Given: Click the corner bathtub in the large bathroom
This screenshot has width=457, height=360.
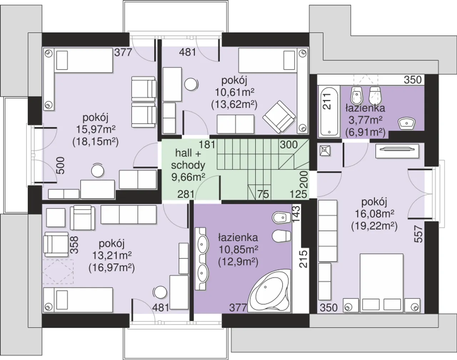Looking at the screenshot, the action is (269, 290).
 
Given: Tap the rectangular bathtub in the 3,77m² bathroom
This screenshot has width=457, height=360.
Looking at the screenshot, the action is (329, 111).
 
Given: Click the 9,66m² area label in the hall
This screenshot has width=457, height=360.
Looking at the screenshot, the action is (188, 177).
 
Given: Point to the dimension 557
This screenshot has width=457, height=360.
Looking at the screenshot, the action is (418, 234).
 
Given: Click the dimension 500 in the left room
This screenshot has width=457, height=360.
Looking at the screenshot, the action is (61, 166).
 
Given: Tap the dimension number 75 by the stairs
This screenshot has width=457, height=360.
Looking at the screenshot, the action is (263, 194).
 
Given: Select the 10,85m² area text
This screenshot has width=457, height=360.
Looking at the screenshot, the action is (238, 250).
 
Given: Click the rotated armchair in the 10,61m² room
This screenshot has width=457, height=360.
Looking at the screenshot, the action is (279, 117).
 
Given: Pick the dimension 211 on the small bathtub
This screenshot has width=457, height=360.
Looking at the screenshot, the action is (327, 102).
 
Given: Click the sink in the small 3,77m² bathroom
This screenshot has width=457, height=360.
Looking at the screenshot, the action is (407, 123).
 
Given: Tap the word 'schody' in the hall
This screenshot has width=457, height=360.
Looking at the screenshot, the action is (188, 165).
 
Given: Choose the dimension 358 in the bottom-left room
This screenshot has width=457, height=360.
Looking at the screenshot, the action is (74, 245).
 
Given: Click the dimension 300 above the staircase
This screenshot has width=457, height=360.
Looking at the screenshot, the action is (288, 144).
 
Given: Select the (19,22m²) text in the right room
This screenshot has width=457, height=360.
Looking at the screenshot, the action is (374, 227).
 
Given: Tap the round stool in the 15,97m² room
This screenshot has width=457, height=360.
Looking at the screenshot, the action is (97, 171).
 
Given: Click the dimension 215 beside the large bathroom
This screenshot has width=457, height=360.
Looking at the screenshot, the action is (303, 259).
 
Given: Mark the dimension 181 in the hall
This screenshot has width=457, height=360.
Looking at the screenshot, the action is (207, 144).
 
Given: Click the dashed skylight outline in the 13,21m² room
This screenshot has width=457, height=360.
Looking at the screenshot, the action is (57, 272).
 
